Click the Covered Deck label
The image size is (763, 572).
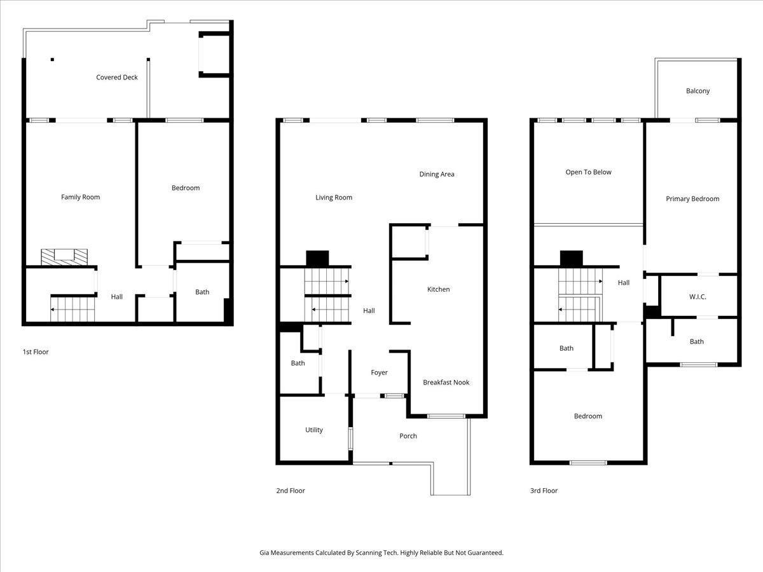117,78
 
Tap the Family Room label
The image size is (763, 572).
81,197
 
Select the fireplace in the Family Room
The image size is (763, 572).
64,256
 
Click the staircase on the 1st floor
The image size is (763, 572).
72,311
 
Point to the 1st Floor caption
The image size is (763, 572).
36,351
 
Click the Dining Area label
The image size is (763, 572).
437,174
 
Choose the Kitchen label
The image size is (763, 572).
438,289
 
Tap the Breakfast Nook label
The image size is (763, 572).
446,382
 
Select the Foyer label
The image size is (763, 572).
379,372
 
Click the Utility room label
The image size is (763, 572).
314,430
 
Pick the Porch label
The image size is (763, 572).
408,436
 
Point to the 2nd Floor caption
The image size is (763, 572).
291,491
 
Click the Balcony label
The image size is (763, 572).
698,91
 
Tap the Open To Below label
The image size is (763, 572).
589,172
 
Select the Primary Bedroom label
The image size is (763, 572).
692,199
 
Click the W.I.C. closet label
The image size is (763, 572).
698,297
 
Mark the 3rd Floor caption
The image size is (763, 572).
544,491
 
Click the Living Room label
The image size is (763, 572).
334,198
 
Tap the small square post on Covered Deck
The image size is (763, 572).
52,60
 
